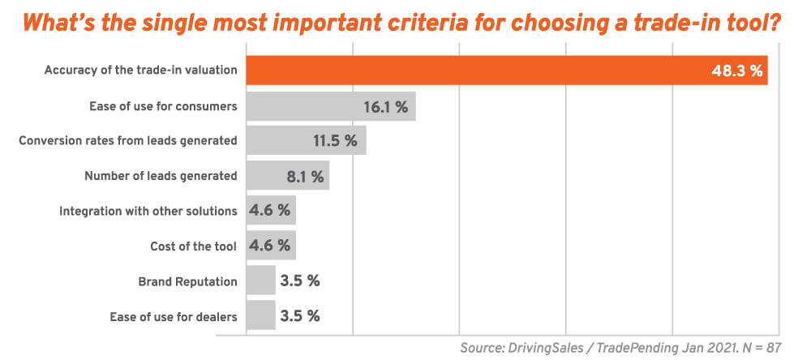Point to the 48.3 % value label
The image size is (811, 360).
[x=737, y=71]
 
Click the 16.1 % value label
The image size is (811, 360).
[x=386, y=106]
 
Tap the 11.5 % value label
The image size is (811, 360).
[x=335, y=141]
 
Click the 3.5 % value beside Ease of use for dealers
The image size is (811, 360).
[x=300, y=316]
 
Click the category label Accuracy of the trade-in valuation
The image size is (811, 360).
[x=140, y=71]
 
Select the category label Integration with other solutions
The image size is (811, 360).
[x=148, y=211]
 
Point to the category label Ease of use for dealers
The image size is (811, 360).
[x=173, y=316]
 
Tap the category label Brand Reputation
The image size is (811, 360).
[x=188, y=281]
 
